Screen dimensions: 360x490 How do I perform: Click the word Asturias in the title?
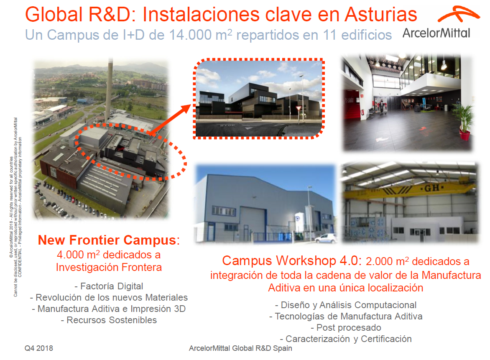[x=381, y=15]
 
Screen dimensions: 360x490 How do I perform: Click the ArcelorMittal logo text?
[x=436, y=33]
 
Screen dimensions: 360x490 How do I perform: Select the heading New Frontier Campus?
[x=107, y=240]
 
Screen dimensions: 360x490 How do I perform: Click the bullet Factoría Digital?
[x=109, y=286]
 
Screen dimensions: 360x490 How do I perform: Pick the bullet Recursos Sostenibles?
[x=109, y=320]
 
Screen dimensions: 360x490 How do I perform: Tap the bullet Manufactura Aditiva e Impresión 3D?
[x=109, y=309]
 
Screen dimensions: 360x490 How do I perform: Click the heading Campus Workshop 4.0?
[x=290, y=261]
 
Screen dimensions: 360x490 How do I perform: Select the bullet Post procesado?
[x=345, y=328]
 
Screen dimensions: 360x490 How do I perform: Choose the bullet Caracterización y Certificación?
[x=345, y=339]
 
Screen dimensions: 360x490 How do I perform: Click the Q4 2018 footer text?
[x=38, y=348]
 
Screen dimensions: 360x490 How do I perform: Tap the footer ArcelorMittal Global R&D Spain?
[x=240, y=348]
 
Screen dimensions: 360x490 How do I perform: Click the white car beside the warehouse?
[x=326, y=239]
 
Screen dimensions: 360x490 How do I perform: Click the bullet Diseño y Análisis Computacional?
[x=345, y=305]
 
